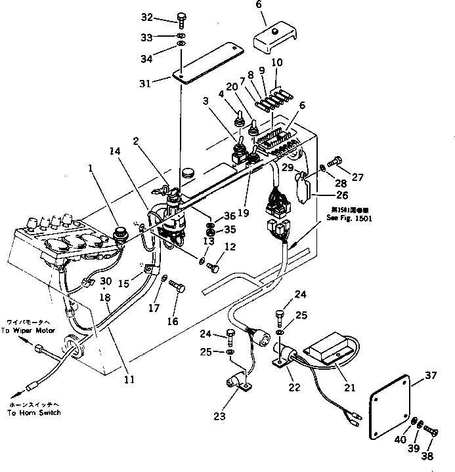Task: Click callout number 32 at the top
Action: pos(146,17)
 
